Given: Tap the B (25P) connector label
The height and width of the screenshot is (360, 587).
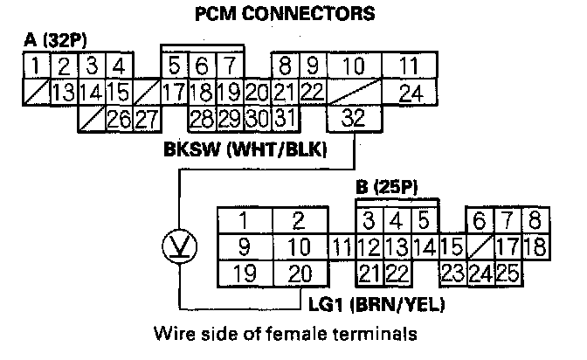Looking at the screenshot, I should point(388,188).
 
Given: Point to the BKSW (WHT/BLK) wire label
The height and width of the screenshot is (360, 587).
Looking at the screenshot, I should point(245,150).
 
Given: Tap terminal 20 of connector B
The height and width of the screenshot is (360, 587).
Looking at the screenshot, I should point(299,273).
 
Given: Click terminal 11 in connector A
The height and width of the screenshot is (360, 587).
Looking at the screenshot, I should point(409,66).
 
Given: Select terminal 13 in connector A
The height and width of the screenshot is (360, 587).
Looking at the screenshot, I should point(64,92).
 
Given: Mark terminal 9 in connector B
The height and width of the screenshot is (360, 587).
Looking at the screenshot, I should point(244,247).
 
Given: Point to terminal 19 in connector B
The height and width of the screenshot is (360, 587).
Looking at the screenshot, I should point(244,273).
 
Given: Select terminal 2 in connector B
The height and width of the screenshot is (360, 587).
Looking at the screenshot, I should point(299,220).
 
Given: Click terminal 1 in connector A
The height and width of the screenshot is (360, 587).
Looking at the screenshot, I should point(33,66).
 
